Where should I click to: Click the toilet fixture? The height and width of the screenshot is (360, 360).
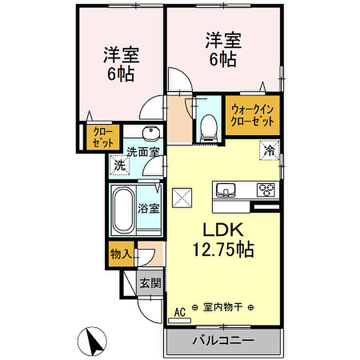tap(208, 128)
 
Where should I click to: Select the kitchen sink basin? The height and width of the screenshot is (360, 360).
tap(226, 190)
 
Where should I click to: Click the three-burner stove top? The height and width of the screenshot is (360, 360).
tap(266, 190)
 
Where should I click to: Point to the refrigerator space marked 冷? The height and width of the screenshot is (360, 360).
tap(269, 150)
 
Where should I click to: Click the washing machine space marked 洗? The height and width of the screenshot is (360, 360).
tap(119, 165)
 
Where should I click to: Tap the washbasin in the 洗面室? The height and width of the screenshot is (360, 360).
tap(151, 134)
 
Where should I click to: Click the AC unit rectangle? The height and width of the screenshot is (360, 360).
tap(179, 320)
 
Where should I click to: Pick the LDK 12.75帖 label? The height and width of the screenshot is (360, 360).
tap(223, 240)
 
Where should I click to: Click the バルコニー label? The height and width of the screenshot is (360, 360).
tap(223, 340)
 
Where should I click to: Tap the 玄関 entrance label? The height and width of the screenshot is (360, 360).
tap(150, 283)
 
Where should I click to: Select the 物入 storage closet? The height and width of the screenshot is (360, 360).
tap(121, 254)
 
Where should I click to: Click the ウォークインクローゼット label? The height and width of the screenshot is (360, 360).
tap(253, 115)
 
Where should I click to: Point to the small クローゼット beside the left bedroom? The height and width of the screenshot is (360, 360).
tap(103, 137)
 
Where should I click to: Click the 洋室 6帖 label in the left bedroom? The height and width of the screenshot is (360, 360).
tap(121, 64)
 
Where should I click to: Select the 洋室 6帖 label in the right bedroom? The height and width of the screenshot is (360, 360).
tap(223, 49)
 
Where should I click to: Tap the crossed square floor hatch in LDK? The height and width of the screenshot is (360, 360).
tap(182, 198)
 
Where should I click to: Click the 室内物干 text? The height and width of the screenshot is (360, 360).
tap(223, 307)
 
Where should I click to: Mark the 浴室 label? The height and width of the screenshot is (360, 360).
tap(149, 208)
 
